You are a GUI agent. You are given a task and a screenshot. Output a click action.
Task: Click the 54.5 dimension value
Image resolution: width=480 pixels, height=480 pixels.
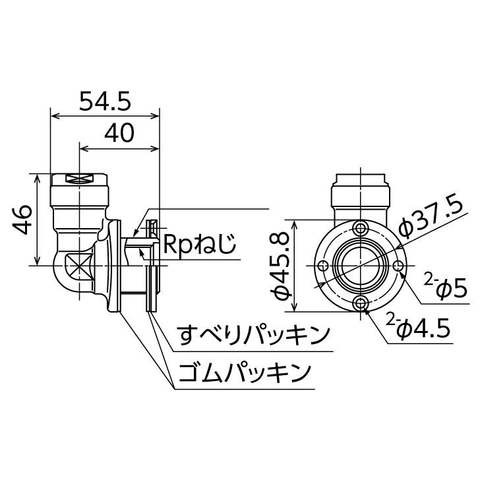click(x=105, y=101)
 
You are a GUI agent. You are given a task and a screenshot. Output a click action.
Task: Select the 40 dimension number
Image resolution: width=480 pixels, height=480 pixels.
click(x=119, y=133)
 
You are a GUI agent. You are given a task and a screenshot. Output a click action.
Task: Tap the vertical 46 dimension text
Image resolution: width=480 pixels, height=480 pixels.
click(x=22, y=220)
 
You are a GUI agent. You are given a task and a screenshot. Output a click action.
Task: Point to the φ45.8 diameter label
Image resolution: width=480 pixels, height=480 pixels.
click(x=280, y=265)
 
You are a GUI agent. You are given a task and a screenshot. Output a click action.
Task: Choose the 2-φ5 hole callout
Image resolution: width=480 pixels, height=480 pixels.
click(x=446, y=287)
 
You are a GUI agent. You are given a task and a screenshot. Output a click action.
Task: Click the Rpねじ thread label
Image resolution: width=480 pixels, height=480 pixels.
click(x=200, y=244)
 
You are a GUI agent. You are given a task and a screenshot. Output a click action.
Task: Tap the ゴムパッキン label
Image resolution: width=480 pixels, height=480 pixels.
click(x=244, y=373)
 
